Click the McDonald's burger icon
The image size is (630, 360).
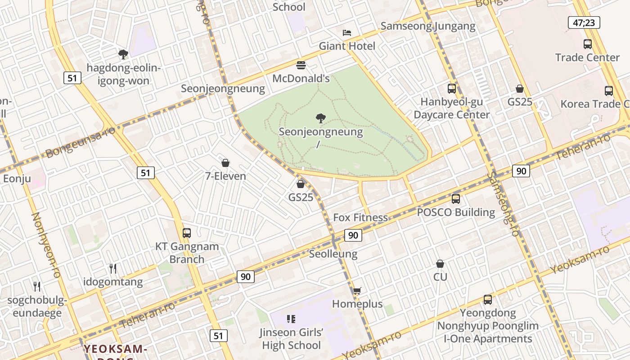tap(301, 65)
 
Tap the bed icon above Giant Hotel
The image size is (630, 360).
tap(347, 33)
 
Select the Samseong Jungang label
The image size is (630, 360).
tap(427, 26)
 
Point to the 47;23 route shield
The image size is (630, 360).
tap(584, 22)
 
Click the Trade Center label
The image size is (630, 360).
tap(587, 58)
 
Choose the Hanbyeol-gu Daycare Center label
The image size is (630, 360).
tap(451, 108)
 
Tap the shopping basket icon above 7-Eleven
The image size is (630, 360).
tap(225, 163)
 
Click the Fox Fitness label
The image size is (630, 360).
tap(360, 218)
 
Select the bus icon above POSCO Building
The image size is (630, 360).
tap(456, 198)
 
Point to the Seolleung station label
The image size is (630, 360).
tap(333, 254)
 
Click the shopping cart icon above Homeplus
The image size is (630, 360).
tap(357, 291)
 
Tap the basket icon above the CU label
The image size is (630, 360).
tap(440, 264)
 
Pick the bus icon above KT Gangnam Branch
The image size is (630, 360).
tap(187, 233)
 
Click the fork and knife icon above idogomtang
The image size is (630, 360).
tap(113, 269)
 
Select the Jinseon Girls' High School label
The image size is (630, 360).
tap(291, 339)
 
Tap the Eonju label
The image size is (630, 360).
tap(17, 179)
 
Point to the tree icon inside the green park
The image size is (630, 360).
tap(321, 118)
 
